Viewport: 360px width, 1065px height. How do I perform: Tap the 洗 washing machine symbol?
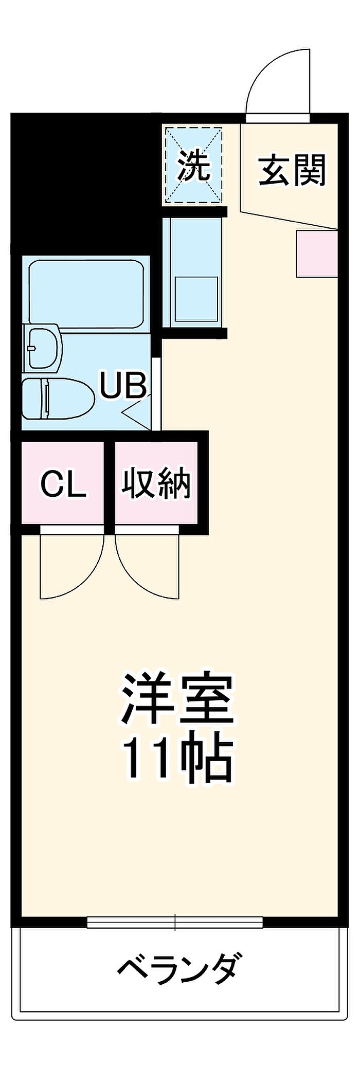[193, 166]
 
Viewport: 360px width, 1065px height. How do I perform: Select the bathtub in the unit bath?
[86, 294]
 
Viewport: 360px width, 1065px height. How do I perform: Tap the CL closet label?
[63, 484]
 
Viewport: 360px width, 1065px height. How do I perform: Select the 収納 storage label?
[156, 484]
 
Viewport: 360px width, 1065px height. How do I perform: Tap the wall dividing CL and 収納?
[110, 481]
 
